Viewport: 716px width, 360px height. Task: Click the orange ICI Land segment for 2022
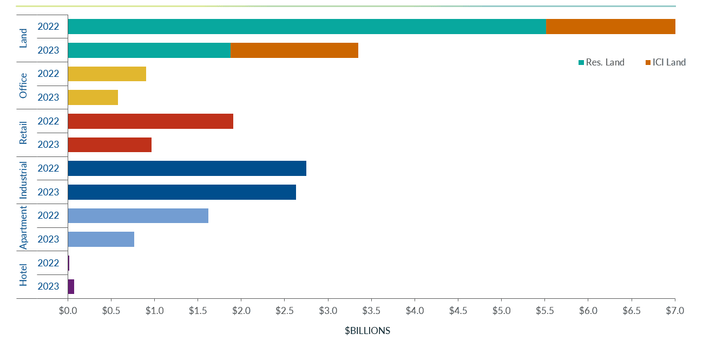point(610,27)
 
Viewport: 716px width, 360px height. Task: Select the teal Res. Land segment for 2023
point(149,50)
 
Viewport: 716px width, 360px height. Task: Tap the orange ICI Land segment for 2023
point(294,50)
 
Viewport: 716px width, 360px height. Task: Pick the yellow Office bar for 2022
point(107,74)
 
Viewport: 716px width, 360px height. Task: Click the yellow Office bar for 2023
point(93,97)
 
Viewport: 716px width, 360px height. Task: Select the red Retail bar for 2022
point(150,121)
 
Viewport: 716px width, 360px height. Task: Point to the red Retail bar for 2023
point(109,145)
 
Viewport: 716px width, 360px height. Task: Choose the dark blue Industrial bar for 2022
point(187,168)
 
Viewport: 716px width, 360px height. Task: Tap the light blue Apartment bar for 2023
point(101,239)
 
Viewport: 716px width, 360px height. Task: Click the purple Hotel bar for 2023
point(71,286)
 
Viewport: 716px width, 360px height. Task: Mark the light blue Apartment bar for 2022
point(138,215)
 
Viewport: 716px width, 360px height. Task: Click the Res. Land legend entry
point(601,62)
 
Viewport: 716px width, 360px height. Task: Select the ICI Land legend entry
point(666,62)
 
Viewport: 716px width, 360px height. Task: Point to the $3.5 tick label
point(371,311)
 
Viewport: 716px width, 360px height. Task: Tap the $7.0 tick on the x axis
point(675,311)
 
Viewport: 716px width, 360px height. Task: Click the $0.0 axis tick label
point(68,311)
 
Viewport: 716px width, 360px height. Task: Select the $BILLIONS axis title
point(367,331)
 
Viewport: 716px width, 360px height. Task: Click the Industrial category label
point(23,180)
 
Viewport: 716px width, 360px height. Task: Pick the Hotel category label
point(23,274)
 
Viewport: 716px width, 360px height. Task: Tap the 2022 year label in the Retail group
point(48,121)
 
